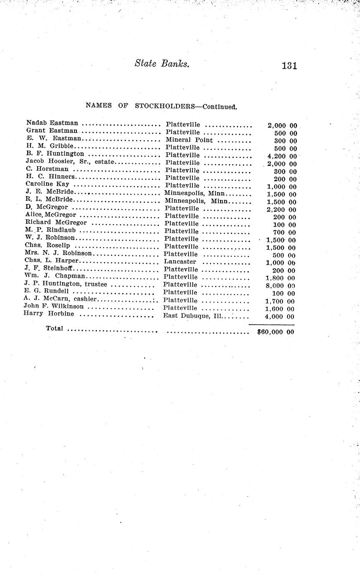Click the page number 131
[x=289, y=66]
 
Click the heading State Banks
[x=162, y=64]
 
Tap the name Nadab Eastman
[x=52, y=123]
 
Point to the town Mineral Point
[x=189, y=140]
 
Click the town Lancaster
[x=180, y=262]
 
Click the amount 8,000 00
[x=280, y=286]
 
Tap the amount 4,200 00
[x=281, y=156]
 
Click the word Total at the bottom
[x=54, y=328]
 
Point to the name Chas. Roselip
[x=47, y=245]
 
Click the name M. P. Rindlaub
[x=51, y=230]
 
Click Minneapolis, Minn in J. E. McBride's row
[x=195, y=193]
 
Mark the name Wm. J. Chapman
[x=55, y=276]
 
